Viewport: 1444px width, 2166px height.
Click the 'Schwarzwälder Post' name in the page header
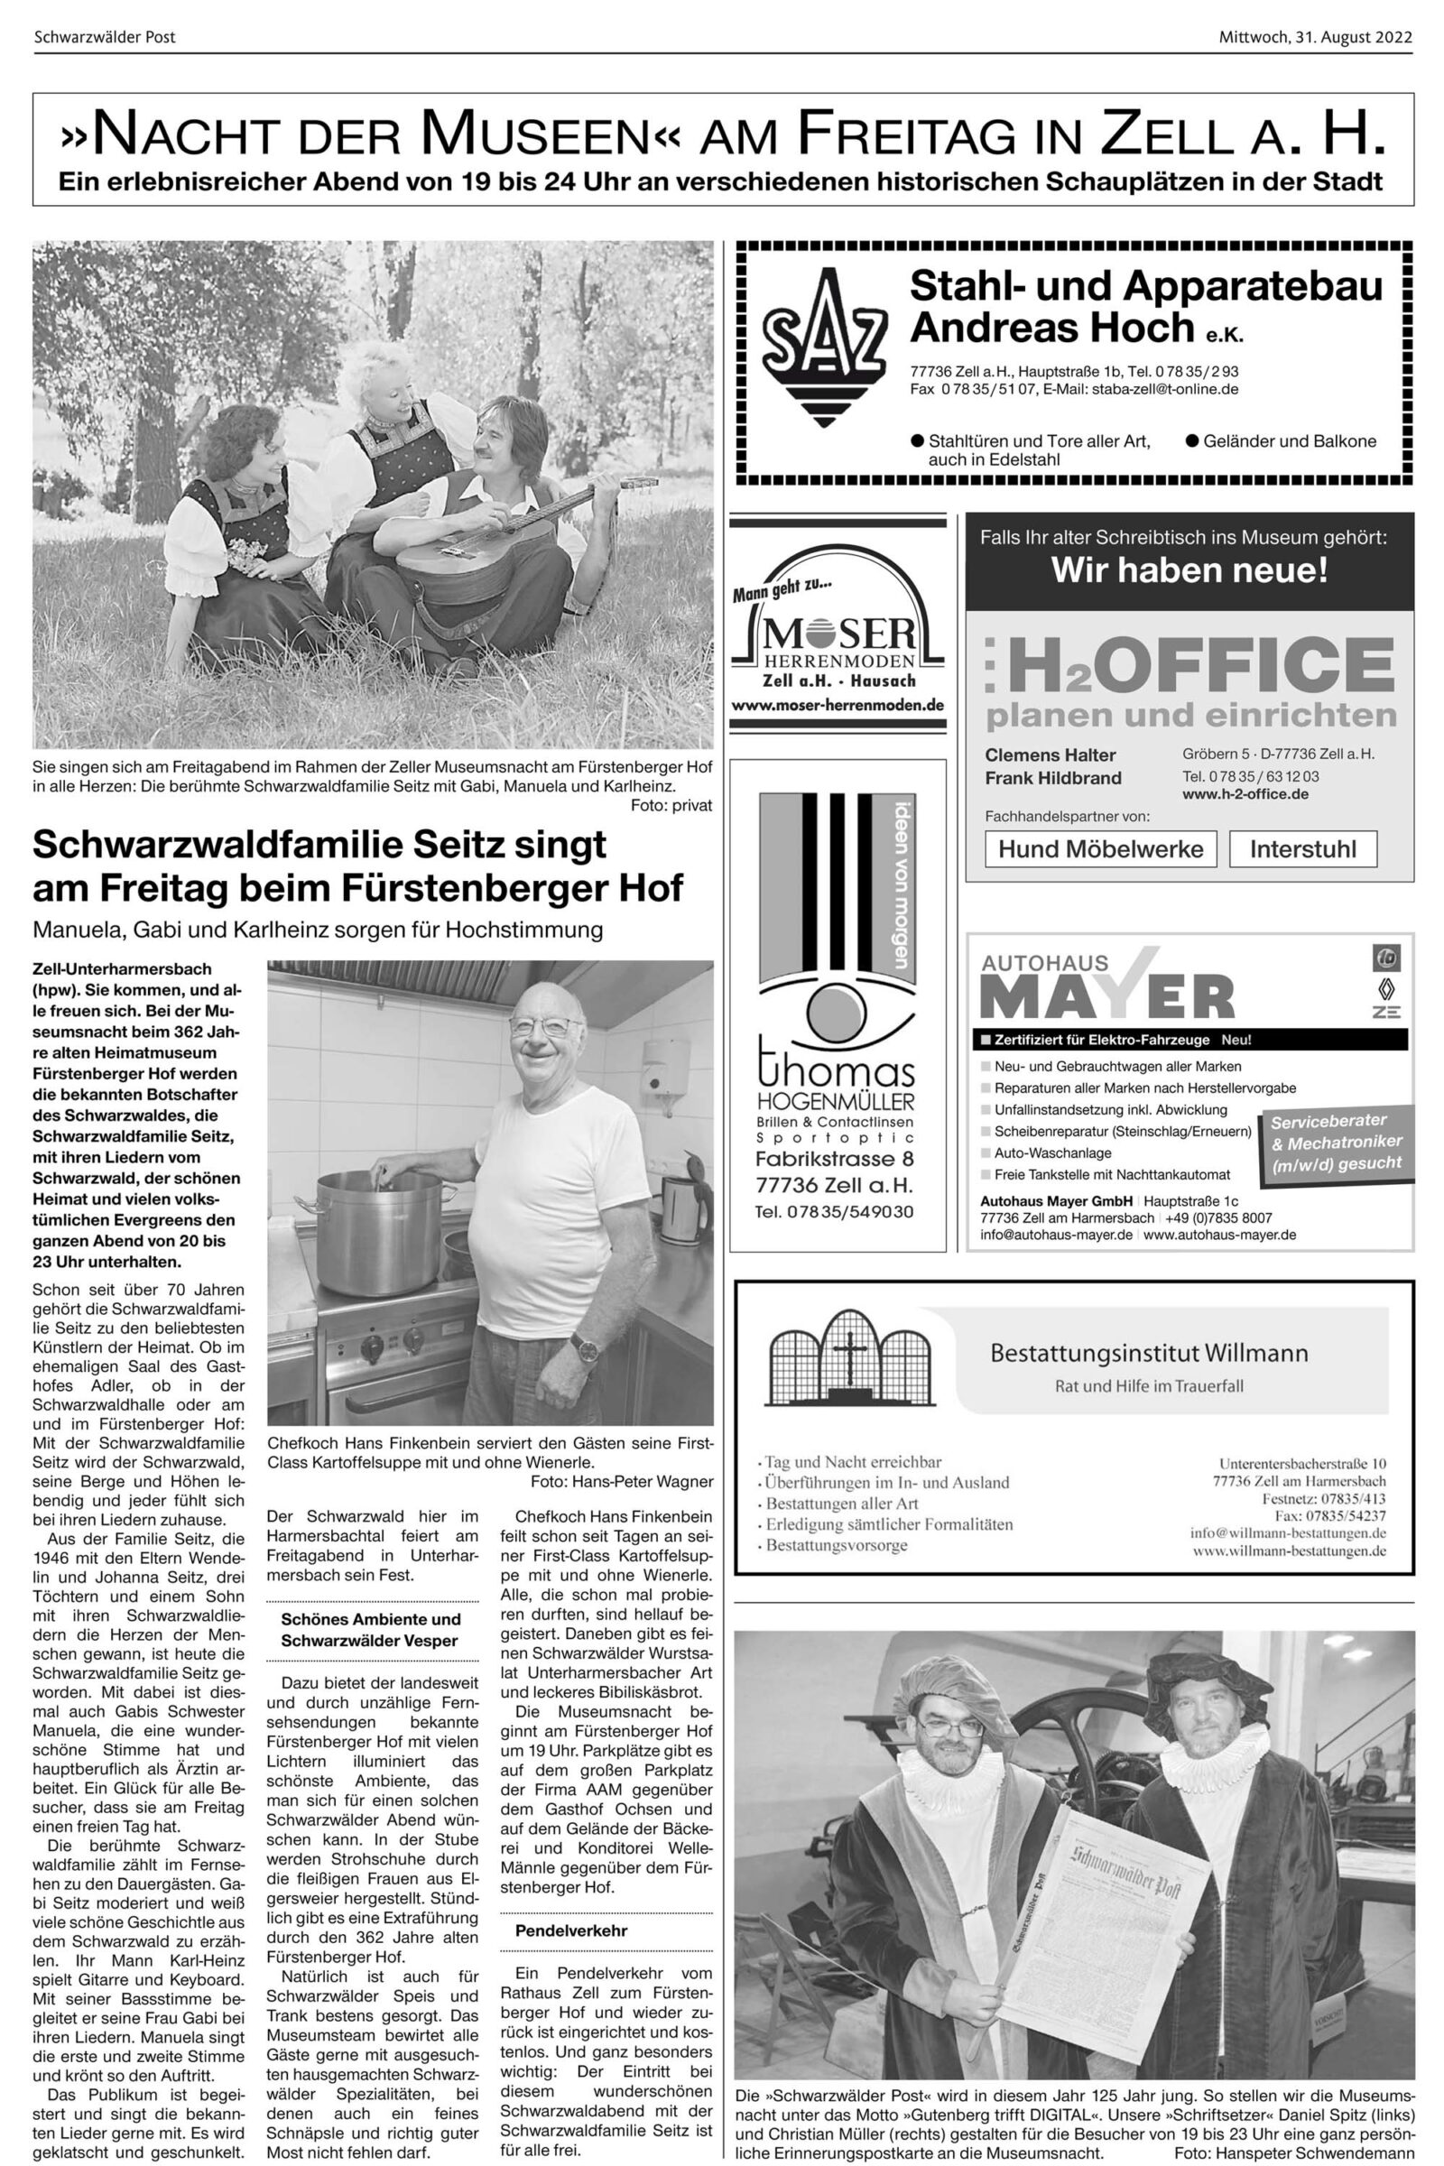coord(104,38)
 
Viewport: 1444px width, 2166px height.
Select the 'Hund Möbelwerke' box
coord(1100,848)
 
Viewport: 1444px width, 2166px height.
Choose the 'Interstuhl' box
coord(1302,848)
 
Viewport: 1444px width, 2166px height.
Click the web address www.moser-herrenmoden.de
coord(838,706)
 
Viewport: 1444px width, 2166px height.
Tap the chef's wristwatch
coord(584,1347)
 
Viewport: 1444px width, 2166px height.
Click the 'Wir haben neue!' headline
coord(1189,571)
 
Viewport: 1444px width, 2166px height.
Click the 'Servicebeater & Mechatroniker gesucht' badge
coord(1336,1142)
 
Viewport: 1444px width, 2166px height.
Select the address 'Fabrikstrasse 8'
coord(834,1159)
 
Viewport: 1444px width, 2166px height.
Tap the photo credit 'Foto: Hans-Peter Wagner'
coord(622,1482)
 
